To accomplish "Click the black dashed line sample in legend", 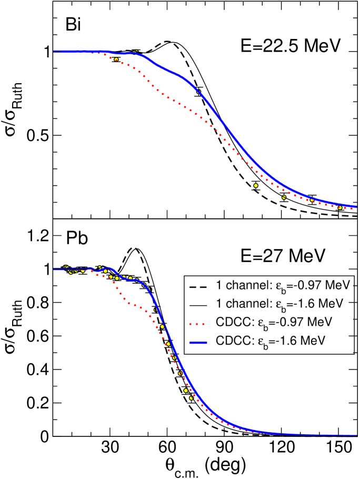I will [x=197, y=286].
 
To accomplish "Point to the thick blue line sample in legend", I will [x=197, y=341].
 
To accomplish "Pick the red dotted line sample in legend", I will [x=197, y=322].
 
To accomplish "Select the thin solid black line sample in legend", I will [x=197, y=304].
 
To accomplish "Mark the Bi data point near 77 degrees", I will [x=198, y=92].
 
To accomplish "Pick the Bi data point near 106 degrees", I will [x=256, y=185].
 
